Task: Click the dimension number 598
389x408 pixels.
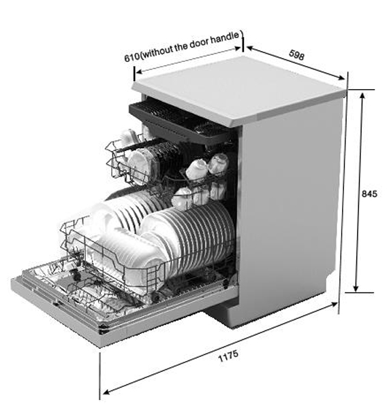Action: point(296,55)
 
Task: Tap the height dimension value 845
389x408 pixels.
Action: point(369,194)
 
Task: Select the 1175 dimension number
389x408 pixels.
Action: point(228,356)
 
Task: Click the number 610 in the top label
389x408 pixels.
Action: point(131,57)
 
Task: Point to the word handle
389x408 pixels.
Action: point(225,37)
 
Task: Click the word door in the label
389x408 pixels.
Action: point(199,44)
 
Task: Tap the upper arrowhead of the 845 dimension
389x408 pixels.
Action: point(362,95)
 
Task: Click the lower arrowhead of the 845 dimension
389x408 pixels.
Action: point(356,288)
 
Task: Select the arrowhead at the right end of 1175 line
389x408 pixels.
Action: point(334,304)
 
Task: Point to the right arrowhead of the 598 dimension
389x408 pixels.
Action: point(341,78)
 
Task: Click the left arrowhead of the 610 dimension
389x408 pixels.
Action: point(139,71)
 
